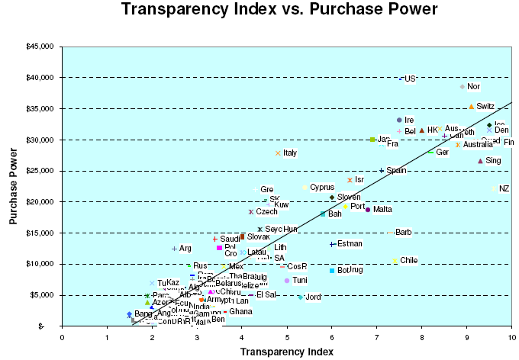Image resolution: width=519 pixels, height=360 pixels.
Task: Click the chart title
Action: tap(279, 10)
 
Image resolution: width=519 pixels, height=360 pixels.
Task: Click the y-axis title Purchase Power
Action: tap(13, 187)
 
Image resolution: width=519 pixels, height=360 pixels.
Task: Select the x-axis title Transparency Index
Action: tap(286, 351)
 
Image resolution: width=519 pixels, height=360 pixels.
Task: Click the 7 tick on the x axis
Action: tap(376, 334)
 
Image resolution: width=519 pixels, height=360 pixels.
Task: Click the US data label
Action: tap(410, 79)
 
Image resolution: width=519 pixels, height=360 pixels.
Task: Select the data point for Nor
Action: tap(463, 87)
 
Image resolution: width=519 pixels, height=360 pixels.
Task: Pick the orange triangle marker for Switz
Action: tap(472, 107)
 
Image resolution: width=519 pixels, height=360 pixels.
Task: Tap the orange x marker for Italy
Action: tap(279, 153)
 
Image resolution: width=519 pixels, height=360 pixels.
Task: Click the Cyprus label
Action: tap(322, 187)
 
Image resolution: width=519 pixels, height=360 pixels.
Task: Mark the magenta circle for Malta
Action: tap(368, 210)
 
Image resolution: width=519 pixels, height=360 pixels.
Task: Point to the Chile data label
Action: tap(409, 260)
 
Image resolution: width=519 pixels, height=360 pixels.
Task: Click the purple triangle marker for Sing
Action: tap(480, 161)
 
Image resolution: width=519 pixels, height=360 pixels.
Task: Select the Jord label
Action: tap(313, 297)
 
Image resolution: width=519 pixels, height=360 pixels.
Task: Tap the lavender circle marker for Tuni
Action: tap(287, 281)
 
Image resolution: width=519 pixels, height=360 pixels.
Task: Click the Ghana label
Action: tap(240, 311)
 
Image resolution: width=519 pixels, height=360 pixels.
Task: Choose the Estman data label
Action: tap(350, 244)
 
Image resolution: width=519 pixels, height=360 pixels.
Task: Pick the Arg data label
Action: tap(185, 249)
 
